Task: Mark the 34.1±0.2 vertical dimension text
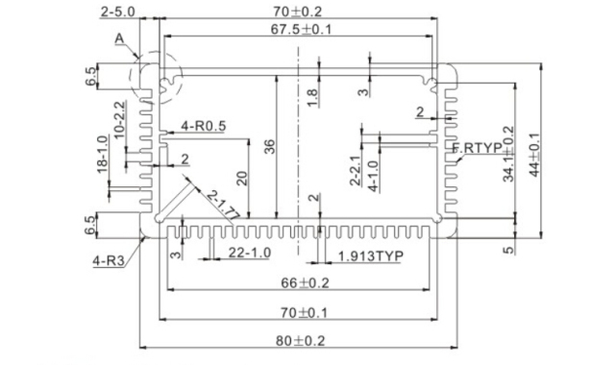(x=509, y=154)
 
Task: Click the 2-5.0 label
(x=117, y=12)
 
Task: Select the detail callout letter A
(x=119, y=38)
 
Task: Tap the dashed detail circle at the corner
(x=162, y=76)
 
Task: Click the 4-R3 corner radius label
(x=108, y=260)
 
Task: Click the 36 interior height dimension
(x=268, y=146)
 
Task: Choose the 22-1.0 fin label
(x=249, y=253)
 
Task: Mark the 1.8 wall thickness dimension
(x=311, y=96)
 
